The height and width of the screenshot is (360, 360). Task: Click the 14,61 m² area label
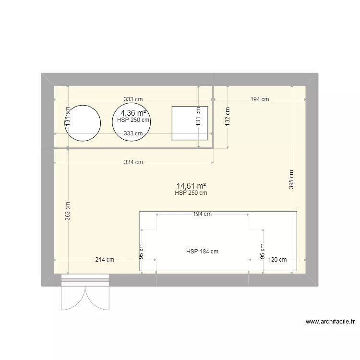(191, 185)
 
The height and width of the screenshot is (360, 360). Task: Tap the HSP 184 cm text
(202, 251)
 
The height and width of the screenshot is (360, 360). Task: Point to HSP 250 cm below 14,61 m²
(191, 193)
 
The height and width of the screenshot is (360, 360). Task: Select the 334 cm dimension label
(133, 162)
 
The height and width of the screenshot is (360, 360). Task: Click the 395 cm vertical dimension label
(292, 180)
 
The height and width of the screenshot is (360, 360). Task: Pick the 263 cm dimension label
(68, 210)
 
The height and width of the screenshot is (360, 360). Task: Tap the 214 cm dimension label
(104, 260)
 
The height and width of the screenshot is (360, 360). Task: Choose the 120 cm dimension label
(277, 260)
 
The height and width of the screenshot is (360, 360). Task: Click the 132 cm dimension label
(228, 115)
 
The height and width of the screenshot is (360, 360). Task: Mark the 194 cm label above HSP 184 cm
(202, 214)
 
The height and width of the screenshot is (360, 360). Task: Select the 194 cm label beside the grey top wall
(259, 99)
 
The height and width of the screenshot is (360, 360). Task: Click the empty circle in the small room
(83, 123)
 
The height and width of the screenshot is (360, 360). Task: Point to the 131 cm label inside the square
(198, 115)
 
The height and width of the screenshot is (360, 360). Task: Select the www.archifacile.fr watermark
(330, 322)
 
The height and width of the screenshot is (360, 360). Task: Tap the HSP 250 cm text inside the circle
(133, 120)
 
